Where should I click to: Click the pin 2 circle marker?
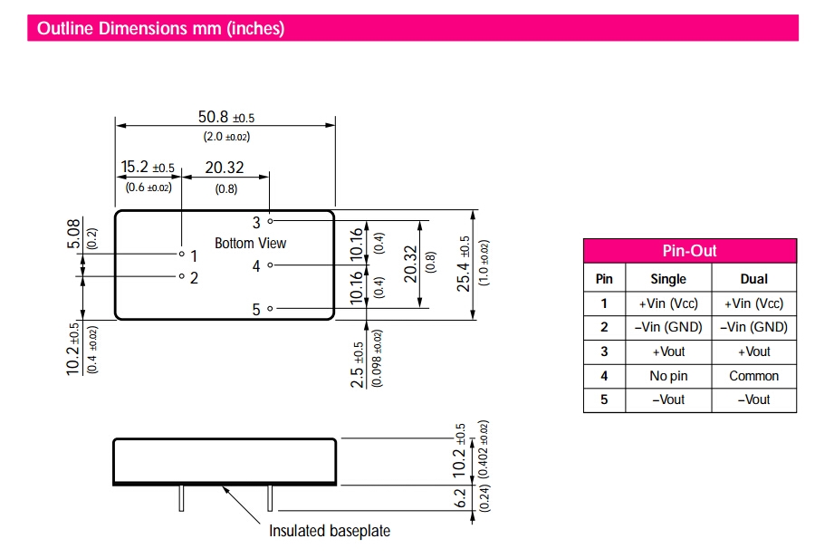click(181, 276)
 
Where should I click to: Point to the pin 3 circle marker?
click(270, 220)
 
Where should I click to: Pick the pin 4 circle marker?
click(270, 265)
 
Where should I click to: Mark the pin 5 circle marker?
click(270, 309)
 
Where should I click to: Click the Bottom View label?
click(250, 243)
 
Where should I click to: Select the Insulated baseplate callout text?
click(330, 530)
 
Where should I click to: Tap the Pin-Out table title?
click(690, 251)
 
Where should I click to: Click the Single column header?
click(668, 279)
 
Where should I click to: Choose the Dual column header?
click(754, 279)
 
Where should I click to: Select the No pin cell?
click(668, 376)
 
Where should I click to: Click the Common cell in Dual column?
click(754, 376)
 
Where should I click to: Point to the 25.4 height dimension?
click(464, 265)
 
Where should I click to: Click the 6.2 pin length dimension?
click(460, 498)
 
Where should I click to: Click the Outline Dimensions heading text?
click(161, 29)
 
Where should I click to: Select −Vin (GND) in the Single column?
click(668, 327)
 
